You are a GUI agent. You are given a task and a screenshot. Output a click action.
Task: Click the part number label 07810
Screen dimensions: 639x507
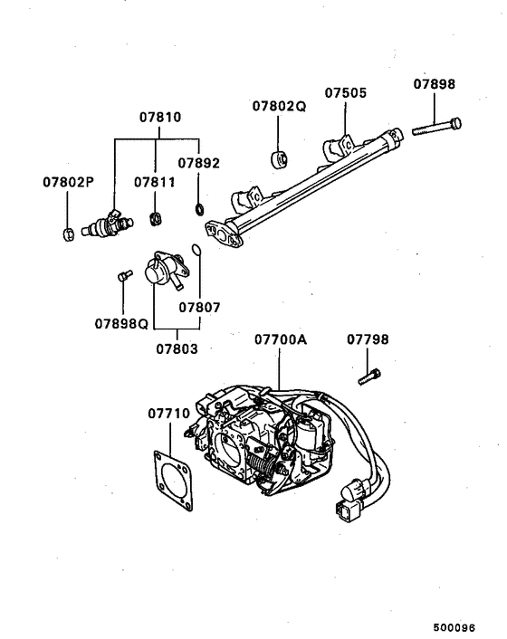(160, 118)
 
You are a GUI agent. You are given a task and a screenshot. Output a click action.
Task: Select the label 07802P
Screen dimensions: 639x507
(68, 181)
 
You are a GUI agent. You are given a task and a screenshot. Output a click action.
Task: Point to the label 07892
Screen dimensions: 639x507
(198, 164)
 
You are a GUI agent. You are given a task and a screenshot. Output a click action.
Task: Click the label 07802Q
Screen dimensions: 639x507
(279, 106)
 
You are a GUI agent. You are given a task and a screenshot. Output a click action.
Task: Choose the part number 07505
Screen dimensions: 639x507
(346, 92)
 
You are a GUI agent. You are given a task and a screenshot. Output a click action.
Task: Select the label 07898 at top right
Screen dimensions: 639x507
(435, 84)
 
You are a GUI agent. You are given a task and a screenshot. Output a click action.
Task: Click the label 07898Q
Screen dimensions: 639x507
(121, 323)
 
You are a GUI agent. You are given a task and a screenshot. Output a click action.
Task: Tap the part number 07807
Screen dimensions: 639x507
(199, 307)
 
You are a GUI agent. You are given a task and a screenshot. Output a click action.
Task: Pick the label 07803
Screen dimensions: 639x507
(176, 348)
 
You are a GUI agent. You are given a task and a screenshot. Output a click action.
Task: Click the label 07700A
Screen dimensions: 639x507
(280, 339)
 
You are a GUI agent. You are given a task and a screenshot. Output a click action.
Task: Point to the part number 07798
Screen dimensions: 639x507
(368, 339)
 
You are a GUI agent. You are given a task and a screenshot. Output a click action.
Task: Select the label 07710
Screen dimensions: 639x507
(168, 414)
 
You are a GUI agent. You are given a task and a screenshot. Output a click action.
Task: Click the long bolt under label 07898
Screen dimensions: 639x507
(436, 127)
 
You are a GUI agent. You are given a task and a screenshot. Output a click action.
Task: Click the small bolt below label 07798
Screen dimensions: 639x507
(369, 377)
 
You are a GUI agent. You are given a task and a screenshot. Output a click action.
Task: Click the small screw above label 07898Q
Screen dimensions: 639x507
(121, 277)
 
